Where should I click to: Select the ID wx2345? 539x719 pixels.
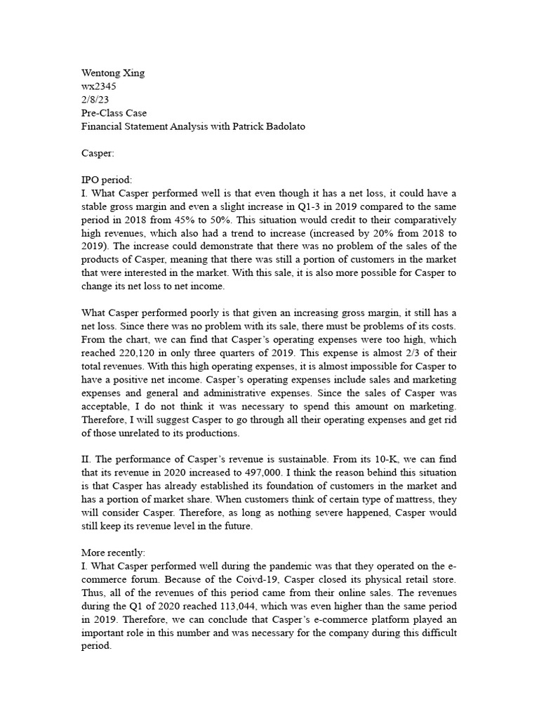pyautogui.click(x=99, y=86)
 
